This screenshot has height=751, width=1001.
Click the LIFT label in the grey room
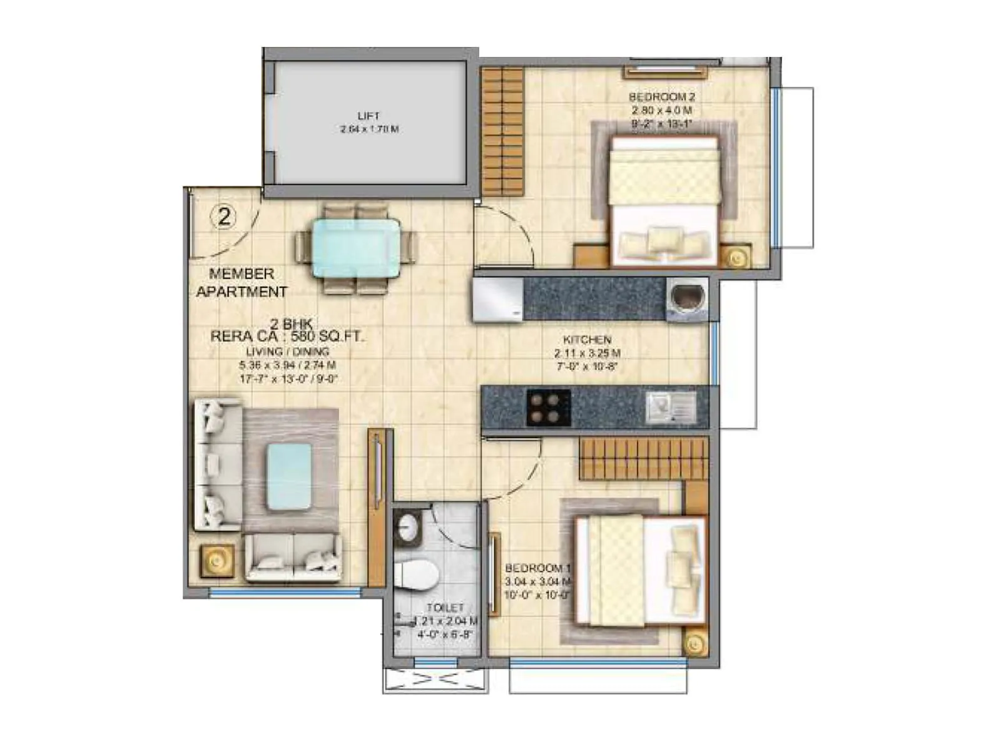pyautogui.click(x=368, y=116)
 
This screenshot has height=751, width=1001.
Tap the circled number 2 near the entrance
pyautogui.click(x=224, y=217)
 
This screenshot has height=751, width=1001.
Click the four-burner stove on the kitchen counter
pyautogui.click(x=548, y=407)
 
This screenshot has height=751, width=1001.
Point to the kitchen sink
pyautogui.click(x=670, y=407)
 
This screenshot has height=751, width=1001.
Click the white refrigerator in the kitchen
pyautogui.click(x=498, y=300)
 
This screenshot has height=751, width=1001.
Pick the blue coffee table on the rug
pyautogui.click(x=289, y=476)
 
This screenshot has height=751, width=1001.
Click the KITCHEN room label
pyautogui.click(x=587, y=340)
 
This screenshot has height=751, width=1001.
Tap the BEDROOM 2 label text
pyautogui.click(x=661, y=97)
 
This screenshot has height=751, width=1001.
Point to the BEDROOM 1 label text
pyautogui.click(x=537, y=568)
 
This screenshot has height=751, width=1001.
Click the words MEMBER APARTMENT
pyautogui.click(x=241, y=283)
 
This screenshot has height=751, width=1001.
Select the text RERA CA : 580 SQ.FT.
pyautogui.click(x=287, y=337)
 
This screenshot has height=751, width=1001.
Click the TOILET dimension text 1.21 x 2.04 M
pyautogui.click(x=445, y=621)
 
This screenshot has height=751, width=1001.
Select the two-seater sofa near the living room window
pyautogui.click(x=293, y=558)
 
